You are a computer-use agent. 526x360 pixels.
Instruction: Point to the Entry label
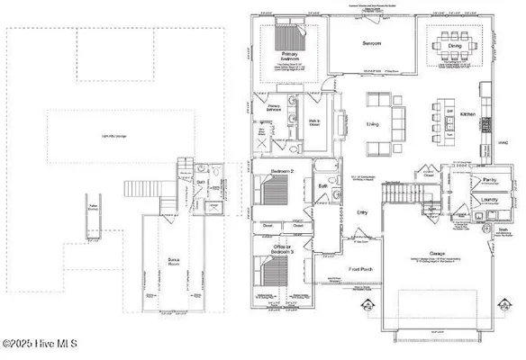coord(362,212)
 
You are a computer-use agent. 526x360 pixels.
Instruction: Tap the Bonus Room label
coord(176,260)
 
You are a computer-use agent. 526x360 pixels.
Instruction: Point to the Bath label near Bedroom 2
coord(322,187)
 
